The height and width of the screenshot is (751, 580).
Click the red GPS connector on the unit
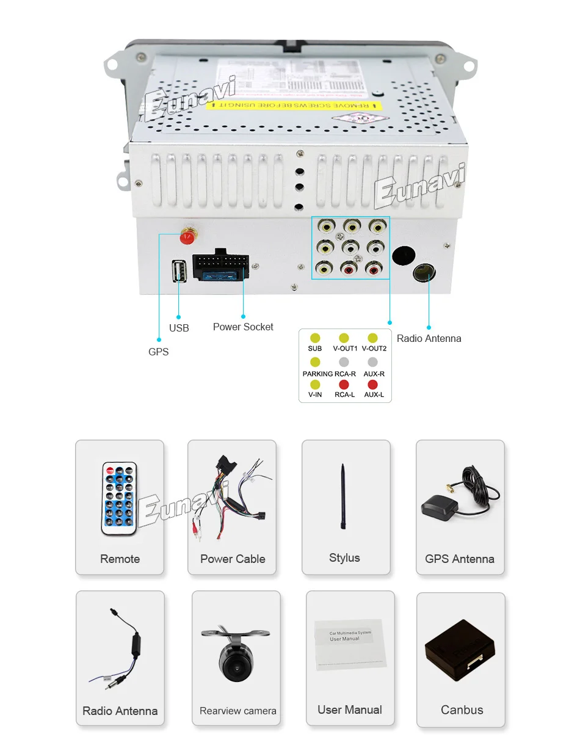pos(188,234)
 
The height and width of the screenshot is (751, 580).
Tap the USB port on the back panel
pos(179,270)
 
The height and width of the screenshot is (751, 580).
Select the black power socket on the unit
pos(222,266)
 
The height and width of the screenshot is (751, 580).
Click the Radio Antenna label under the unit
pos(429,338)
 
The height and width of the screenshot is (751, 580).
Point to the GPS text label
pos(159,352)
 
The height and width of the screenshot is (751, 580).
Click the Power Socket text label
pos(243,327)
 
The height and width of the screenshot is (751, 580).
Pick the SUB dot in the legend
pos(315,338)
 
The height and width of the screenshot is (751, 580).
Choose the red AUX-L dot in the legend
pos(372,385)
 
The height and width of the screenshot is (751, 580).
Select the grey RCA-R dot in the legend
pos(344,362)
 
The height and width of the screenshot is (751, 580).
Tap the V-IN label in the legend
pos(315,394)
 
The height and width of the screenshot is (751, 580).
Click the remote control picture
pos(120,498)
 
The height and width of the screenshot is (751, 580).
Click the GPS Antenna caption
pos(460,559)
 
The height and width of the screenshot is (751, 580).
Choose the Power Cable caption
pos(233,559)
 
